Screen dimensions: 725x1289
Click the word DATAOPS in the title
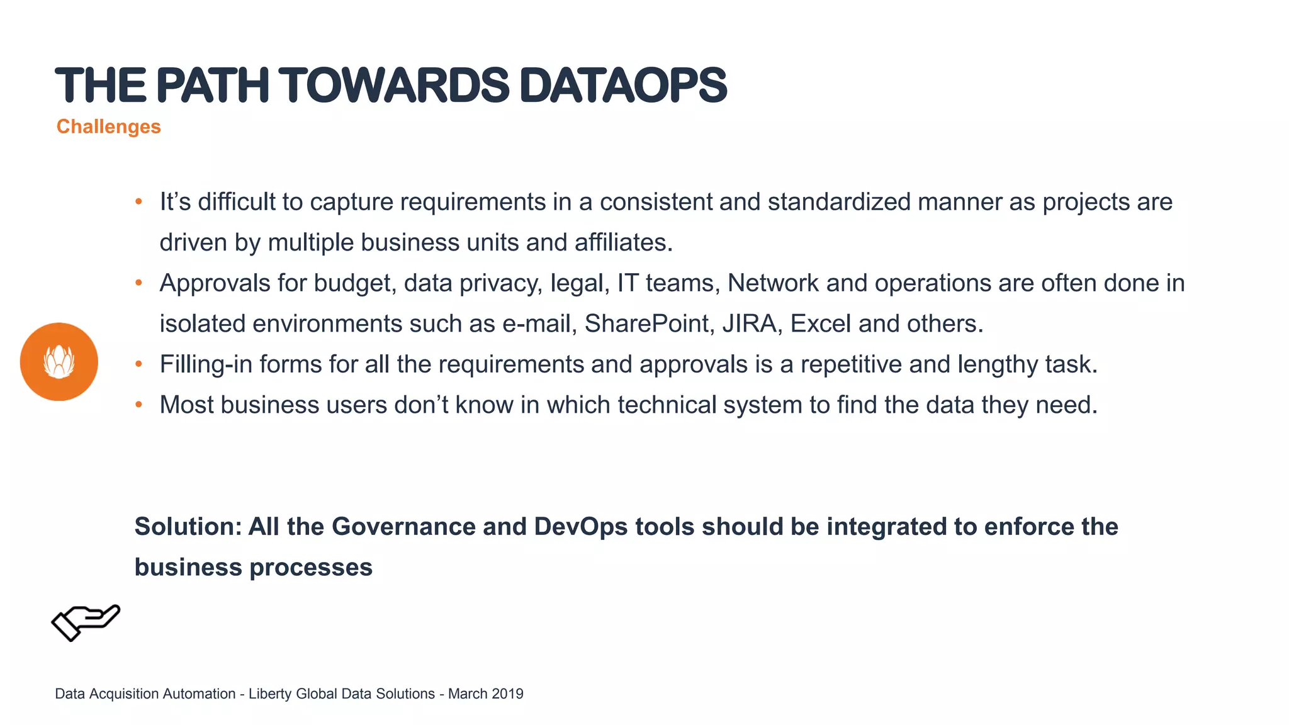tap(623, 86)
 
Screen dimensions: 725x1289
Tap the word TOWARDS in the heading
tap(394, 86)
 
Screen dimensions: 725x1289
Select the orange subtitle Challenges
tap(108, 126)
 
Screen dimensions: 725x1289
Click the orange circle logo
tap(59, 362)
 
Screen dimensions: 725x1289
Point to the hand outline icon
tap(86, 622)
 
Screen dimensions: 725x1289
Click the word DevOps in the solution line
tap(580, 527)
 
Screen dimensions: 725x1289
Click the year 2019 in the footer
tap(507, 694)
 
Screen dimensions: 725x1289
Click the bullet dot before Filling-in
tap(139, 364)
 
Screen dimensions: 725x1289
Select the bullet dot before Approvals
tap(139, 283)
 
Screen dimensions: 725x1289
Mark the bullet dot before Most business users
tap(139, 405)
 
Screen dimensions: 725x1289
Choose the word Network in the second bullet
tap(773, 283)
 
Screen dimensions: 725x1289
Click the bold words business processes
tap(253, 567)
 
